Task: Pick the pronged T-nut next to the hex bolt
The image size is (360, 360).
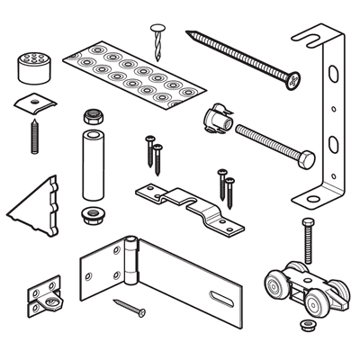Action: (x=219, y=117)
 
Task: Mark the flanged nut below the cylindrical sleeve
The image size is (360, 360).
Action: (x=91, y=214)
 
